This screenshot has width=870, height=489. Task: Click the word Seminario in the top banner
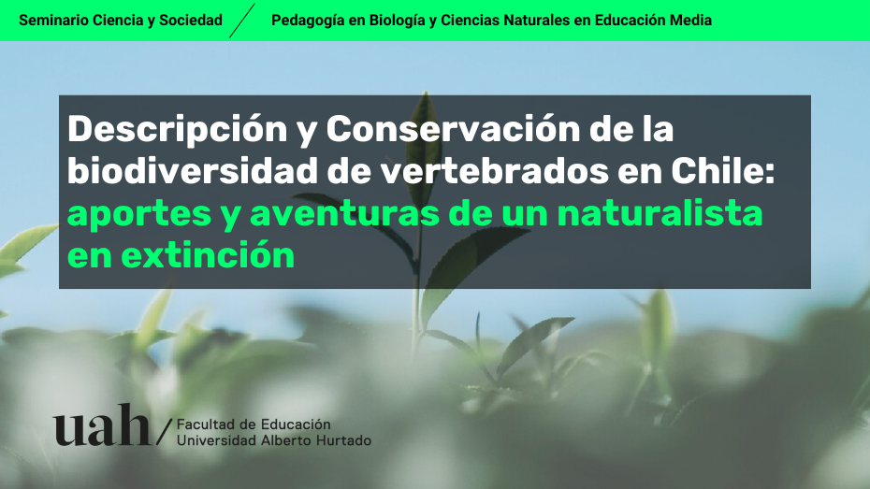coord(53,20)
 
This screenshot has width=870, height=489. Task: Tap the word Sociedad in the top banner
coord(191,20)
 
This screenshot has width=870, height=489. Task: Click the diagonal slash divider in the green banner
coord(242,21)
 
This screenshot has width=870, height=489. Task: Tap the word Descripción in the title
coord(178,130)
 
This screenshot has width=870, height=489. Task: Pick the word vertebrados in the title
coord(494,170)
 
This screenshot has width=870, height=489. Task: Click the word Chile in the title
coord(718,170)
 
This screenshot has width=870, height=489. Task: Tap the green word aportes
coord(139,214)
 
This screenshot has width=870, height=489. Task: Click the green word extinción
coord(208,255)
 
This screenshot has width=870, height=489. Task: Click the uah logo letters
coord(102,424)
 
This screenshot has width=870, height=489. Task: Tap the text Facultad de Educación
coord(254,424)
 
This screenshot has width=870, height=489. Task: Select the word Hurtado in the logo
coord(343,440)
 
